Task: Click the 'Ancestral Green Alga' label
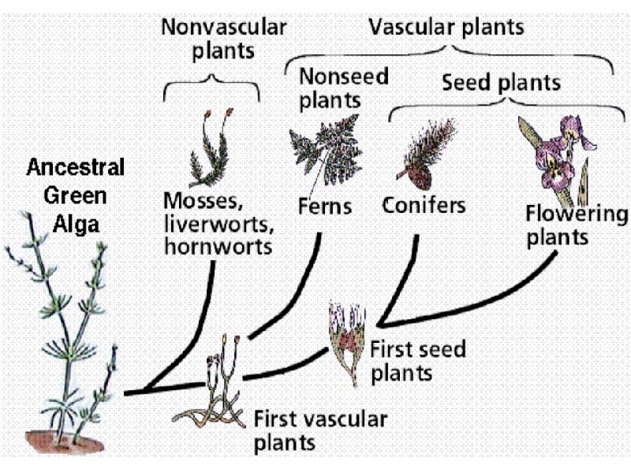[77, 195]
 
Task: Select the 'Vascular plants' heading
[446, 27]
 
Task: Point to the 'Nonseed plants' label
[331, 88]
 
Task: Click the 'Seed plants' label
[501, 82]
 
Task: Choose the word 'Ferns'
[325, 207]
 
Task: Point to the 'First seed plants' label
[417, 359]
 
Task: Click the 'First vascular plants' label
[319, 429]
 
